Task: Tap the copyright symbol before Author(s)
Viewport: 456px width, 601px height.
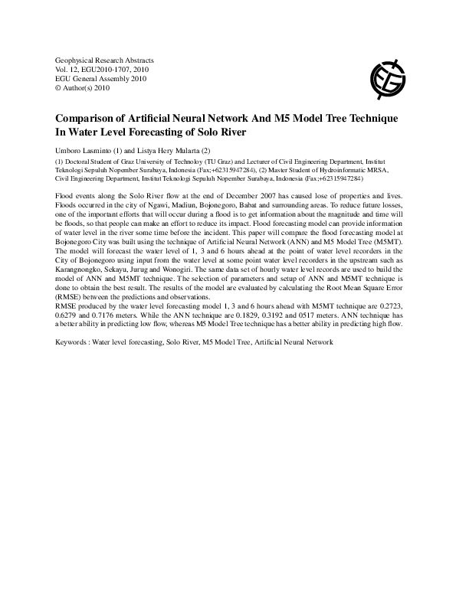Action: click(59, 88)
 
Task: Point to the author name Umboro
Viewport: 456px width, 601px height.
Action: click(70, 150)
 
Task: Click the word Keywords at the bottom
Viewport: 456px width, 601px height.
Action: click(72, 362)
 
